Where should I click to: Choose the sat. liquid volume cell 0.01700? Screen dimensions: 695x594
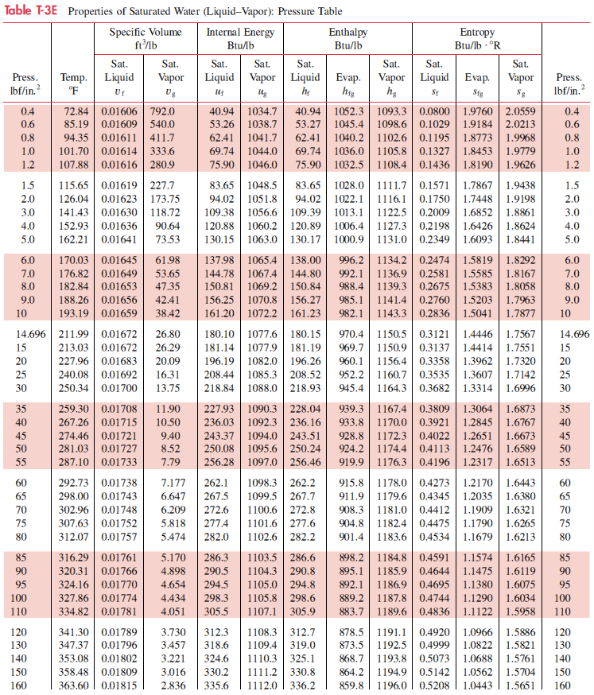pos(118,387)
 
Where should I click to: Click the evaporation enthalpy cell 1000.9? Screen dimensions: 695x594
pos(350,237)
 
